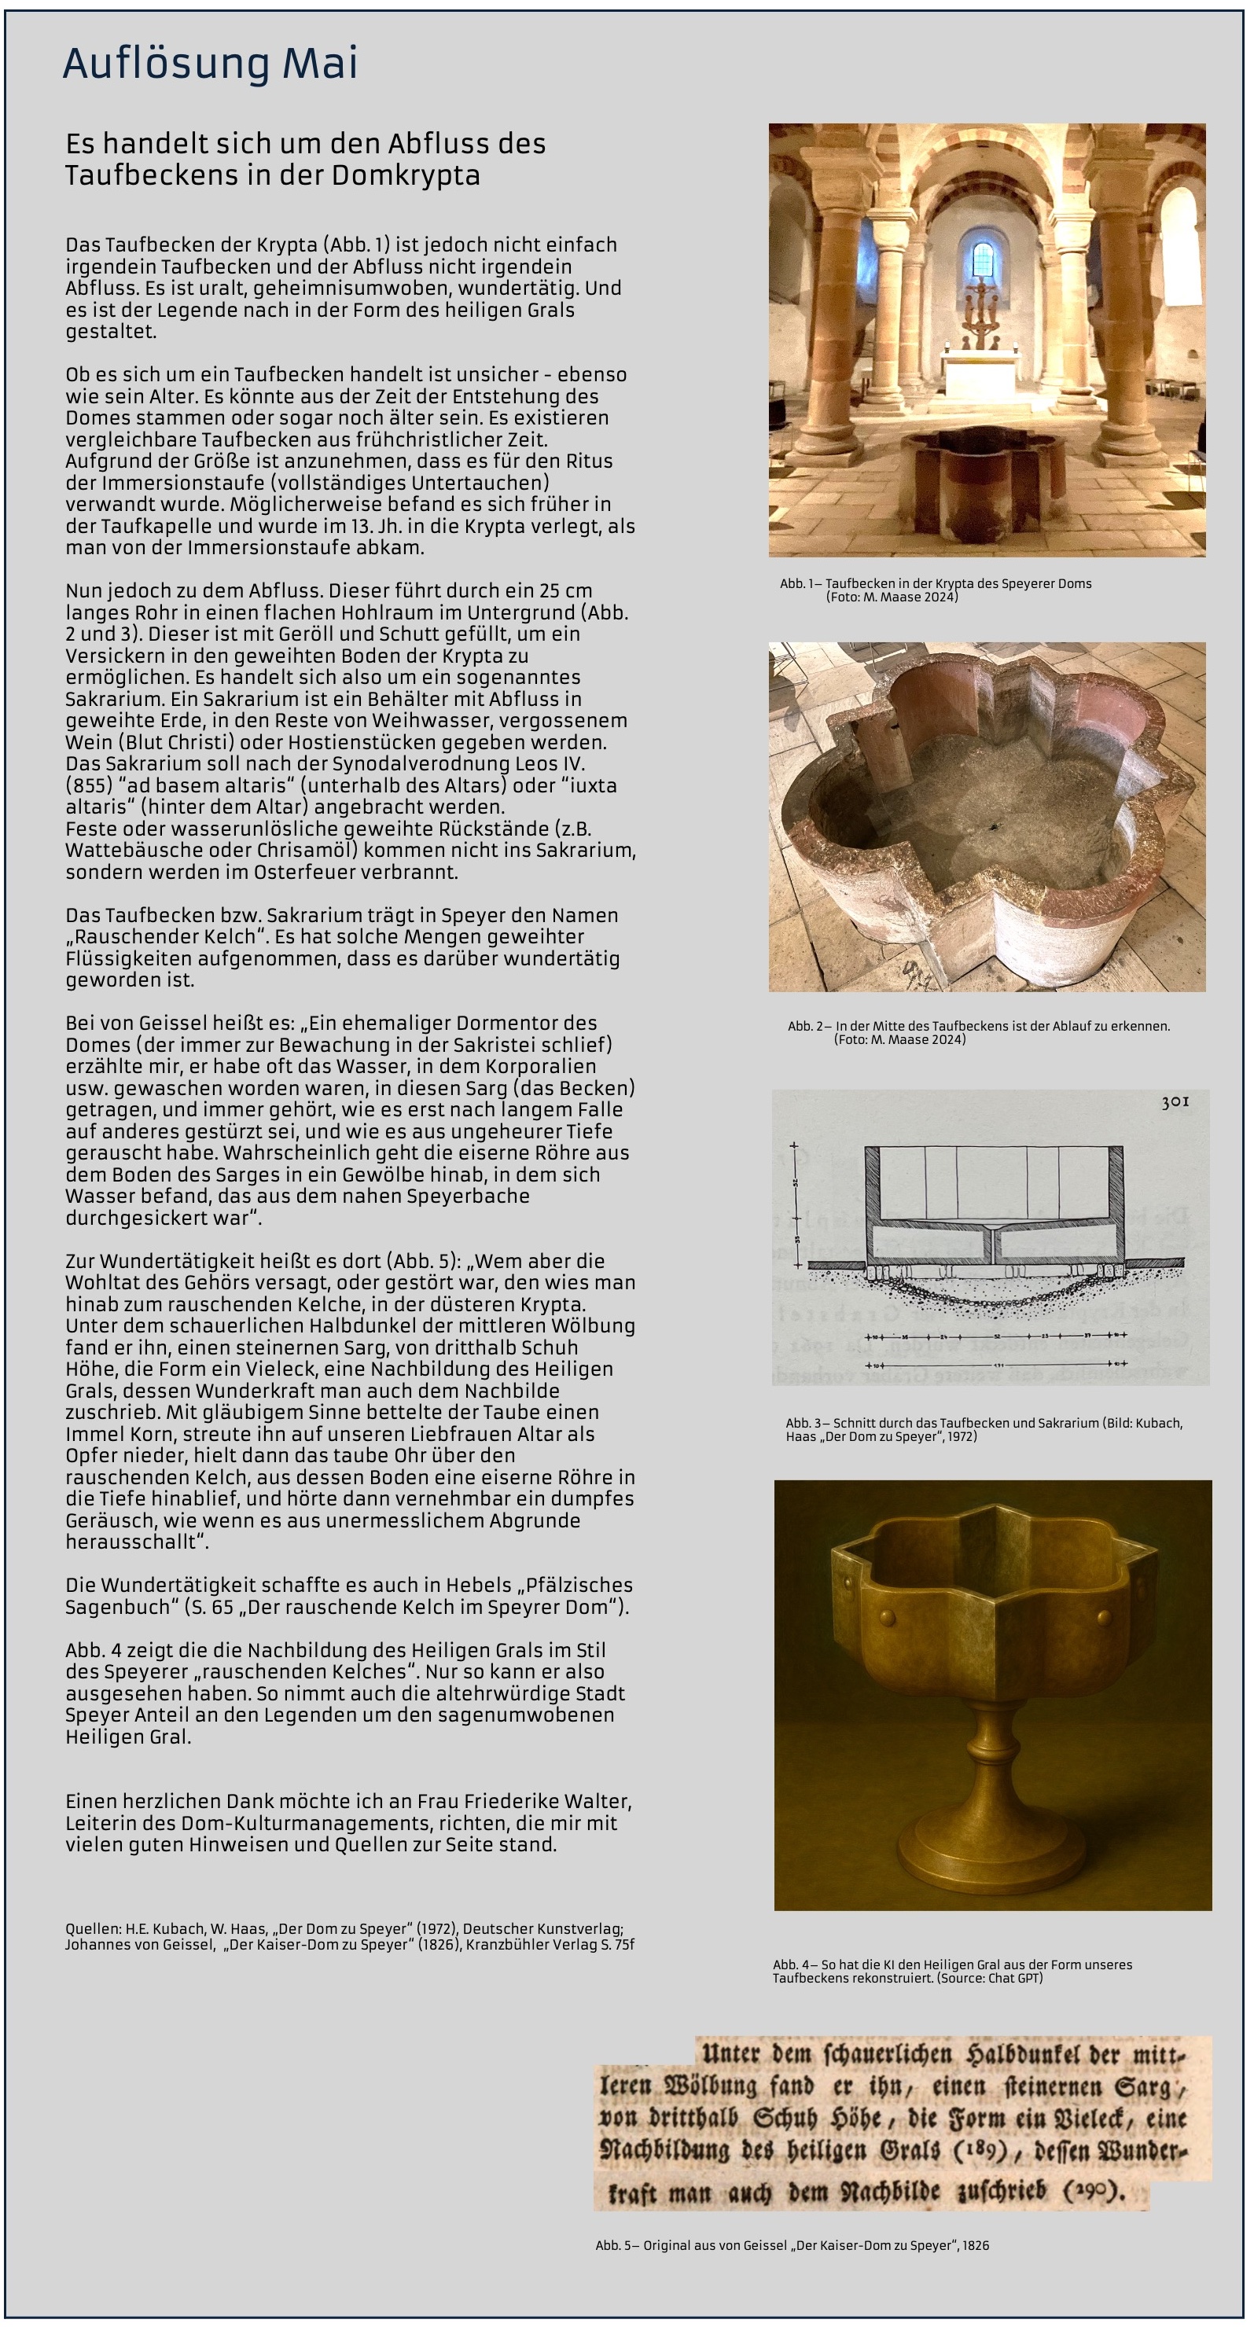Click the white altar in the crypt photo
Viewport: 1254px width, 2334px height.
coord(982,374)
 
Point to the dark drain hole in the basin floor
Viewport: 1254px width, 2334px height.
coord(995,827)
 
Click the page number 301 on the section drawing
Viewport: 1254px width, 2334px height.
coord(1175,1103)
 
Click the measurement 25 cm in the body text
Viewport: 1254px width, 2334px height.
coord(564,590)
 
